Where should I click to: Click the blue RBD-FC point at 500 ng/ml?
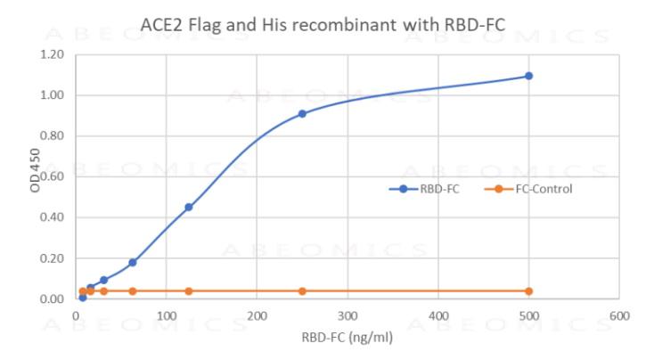point(528,76)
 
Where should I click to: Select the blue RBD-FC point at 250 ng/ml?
point(302,114)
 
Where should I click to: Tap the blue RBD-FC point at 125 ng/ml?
point(189,207)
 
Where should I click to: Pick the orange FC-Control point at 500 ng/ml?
point(528,291)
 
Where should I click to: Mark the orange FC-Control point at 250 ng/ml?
point(302,291)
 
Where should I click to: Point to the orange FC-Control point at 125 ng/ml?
point(189,291)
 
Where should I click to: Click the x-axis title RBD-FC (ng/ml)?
point(348,337)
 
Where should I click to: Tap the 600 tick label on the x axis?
point(619,316)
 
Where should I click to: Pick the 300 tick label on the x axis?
point(348,316)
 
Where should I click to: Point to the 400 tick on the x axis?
point(438,316)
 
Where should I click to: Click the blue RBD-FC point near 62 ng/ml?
point(133,262)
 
